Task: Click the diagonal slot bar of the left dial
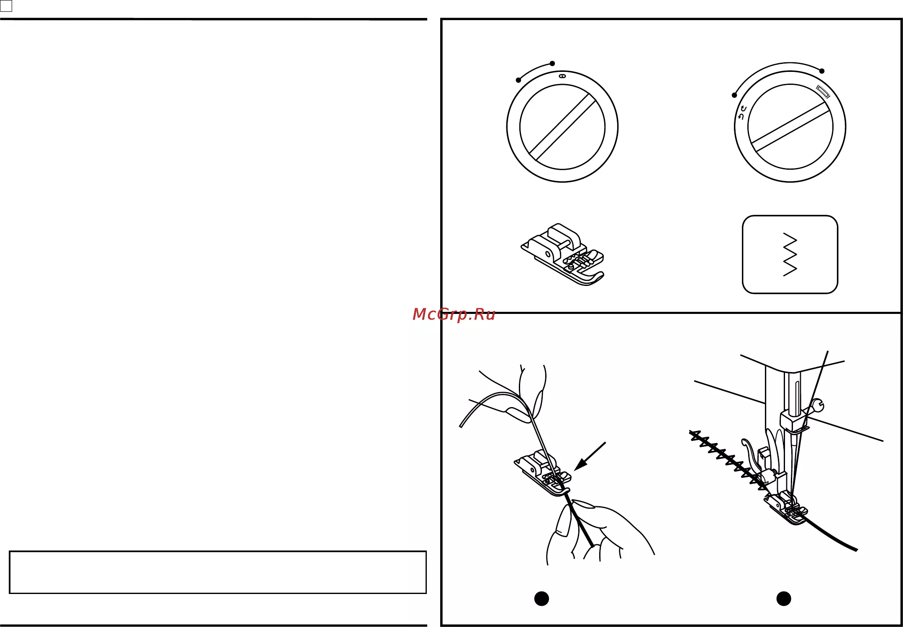[562, 127]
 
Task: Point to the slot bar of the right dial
[790, 127]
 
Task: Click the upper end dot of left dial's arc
[552, 64]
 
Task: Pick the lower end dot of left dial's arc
[518, 80]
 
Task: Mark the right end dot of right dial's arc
[822, 71]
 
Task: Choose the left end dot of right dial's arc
[734, 95]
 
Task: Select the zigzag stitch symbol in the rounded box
[790, 255]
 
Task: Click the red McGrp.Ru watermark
[454, 314]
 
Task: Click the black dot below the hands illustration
[541, 599]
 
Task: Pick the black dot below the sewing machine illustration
[784, 599]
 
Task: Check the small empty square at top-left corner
[6, 6]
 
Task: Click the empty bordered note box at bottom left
[218, 572]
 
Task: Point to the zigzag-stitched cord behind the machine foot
[728, 460]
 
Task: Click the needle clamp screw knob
[817, 405]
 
